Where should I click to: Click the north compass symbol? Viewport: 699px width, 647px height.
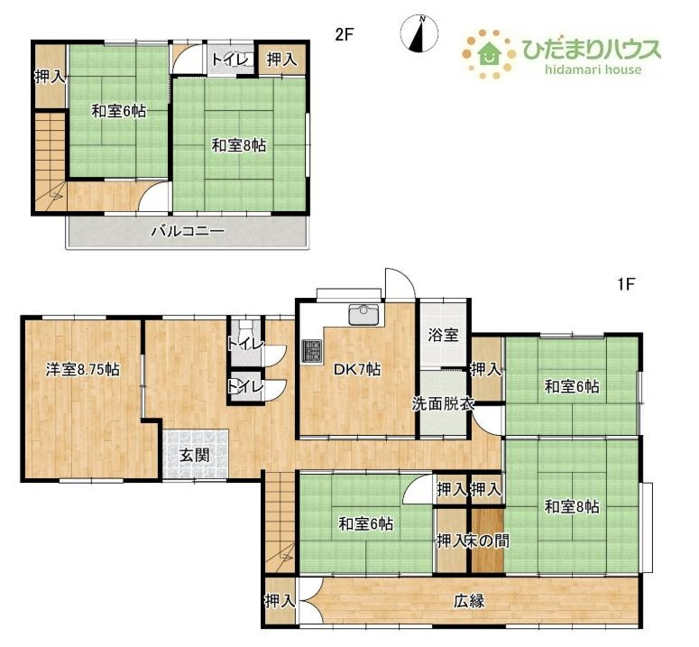point(419,33)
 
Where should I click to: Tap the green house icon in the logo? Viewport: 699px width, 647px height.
point(490,53)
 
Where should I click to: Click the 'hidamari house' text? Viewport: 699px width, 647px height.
point(593,69)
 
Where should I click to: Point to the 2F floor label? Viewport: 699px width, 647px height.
point(345,34)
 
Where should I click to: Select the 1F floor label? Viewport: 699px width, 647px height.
point(626,284)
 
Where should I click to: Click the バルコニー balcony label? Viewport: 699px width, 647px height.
point(188,231)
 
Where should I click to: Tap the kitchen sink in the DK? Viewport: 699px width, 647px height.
point(364,314)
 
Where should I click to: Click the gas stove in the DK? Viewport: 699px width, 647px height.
point(311,350)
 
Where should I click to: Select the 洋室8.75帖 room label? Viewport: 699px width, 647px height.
point(82,370)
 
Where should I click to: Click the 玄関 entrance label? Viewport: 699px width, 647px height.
point(195,455)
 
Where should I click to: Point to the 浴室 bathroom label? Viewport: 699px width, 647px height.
point(443,335)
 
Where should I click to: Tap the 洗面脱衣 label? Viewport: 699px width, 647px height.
point(443,403)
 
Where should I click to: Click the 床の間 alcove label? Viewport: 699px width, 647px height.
point(487,541)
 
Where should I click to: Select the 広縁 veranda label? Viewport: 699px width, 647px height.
point(469,601)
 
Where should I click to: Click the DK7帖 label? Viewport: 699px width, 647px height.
point(357,370)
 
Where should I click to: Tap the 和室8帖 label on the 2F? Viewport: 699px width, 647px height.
point(239,145)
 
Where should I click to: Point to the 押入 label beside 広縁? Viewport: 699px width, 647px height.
point(280,601)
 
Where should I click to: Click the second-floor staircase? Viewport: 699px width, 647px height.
point(50,161)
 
